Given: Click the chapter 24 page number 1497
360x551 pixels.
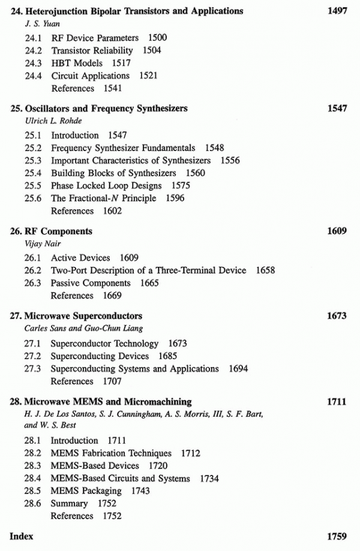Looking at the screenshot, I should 337,11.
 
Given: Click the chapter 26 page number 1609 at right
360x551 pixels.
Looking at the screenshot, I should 337,231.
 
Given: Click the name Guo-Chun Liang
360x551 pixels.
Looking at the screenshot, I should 102,329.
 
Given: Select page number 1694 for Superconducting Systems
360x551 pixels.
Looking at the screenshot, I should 238,369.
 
